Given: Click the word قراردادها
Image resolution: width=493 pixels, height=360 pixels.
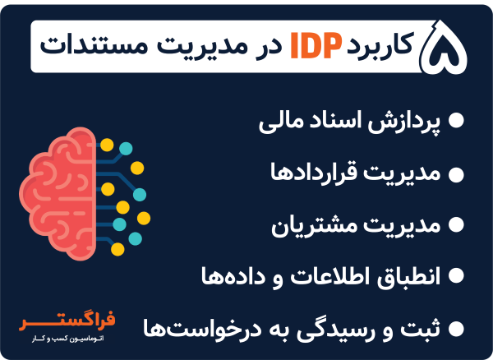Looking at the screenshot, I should click(x=316, y=173).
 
